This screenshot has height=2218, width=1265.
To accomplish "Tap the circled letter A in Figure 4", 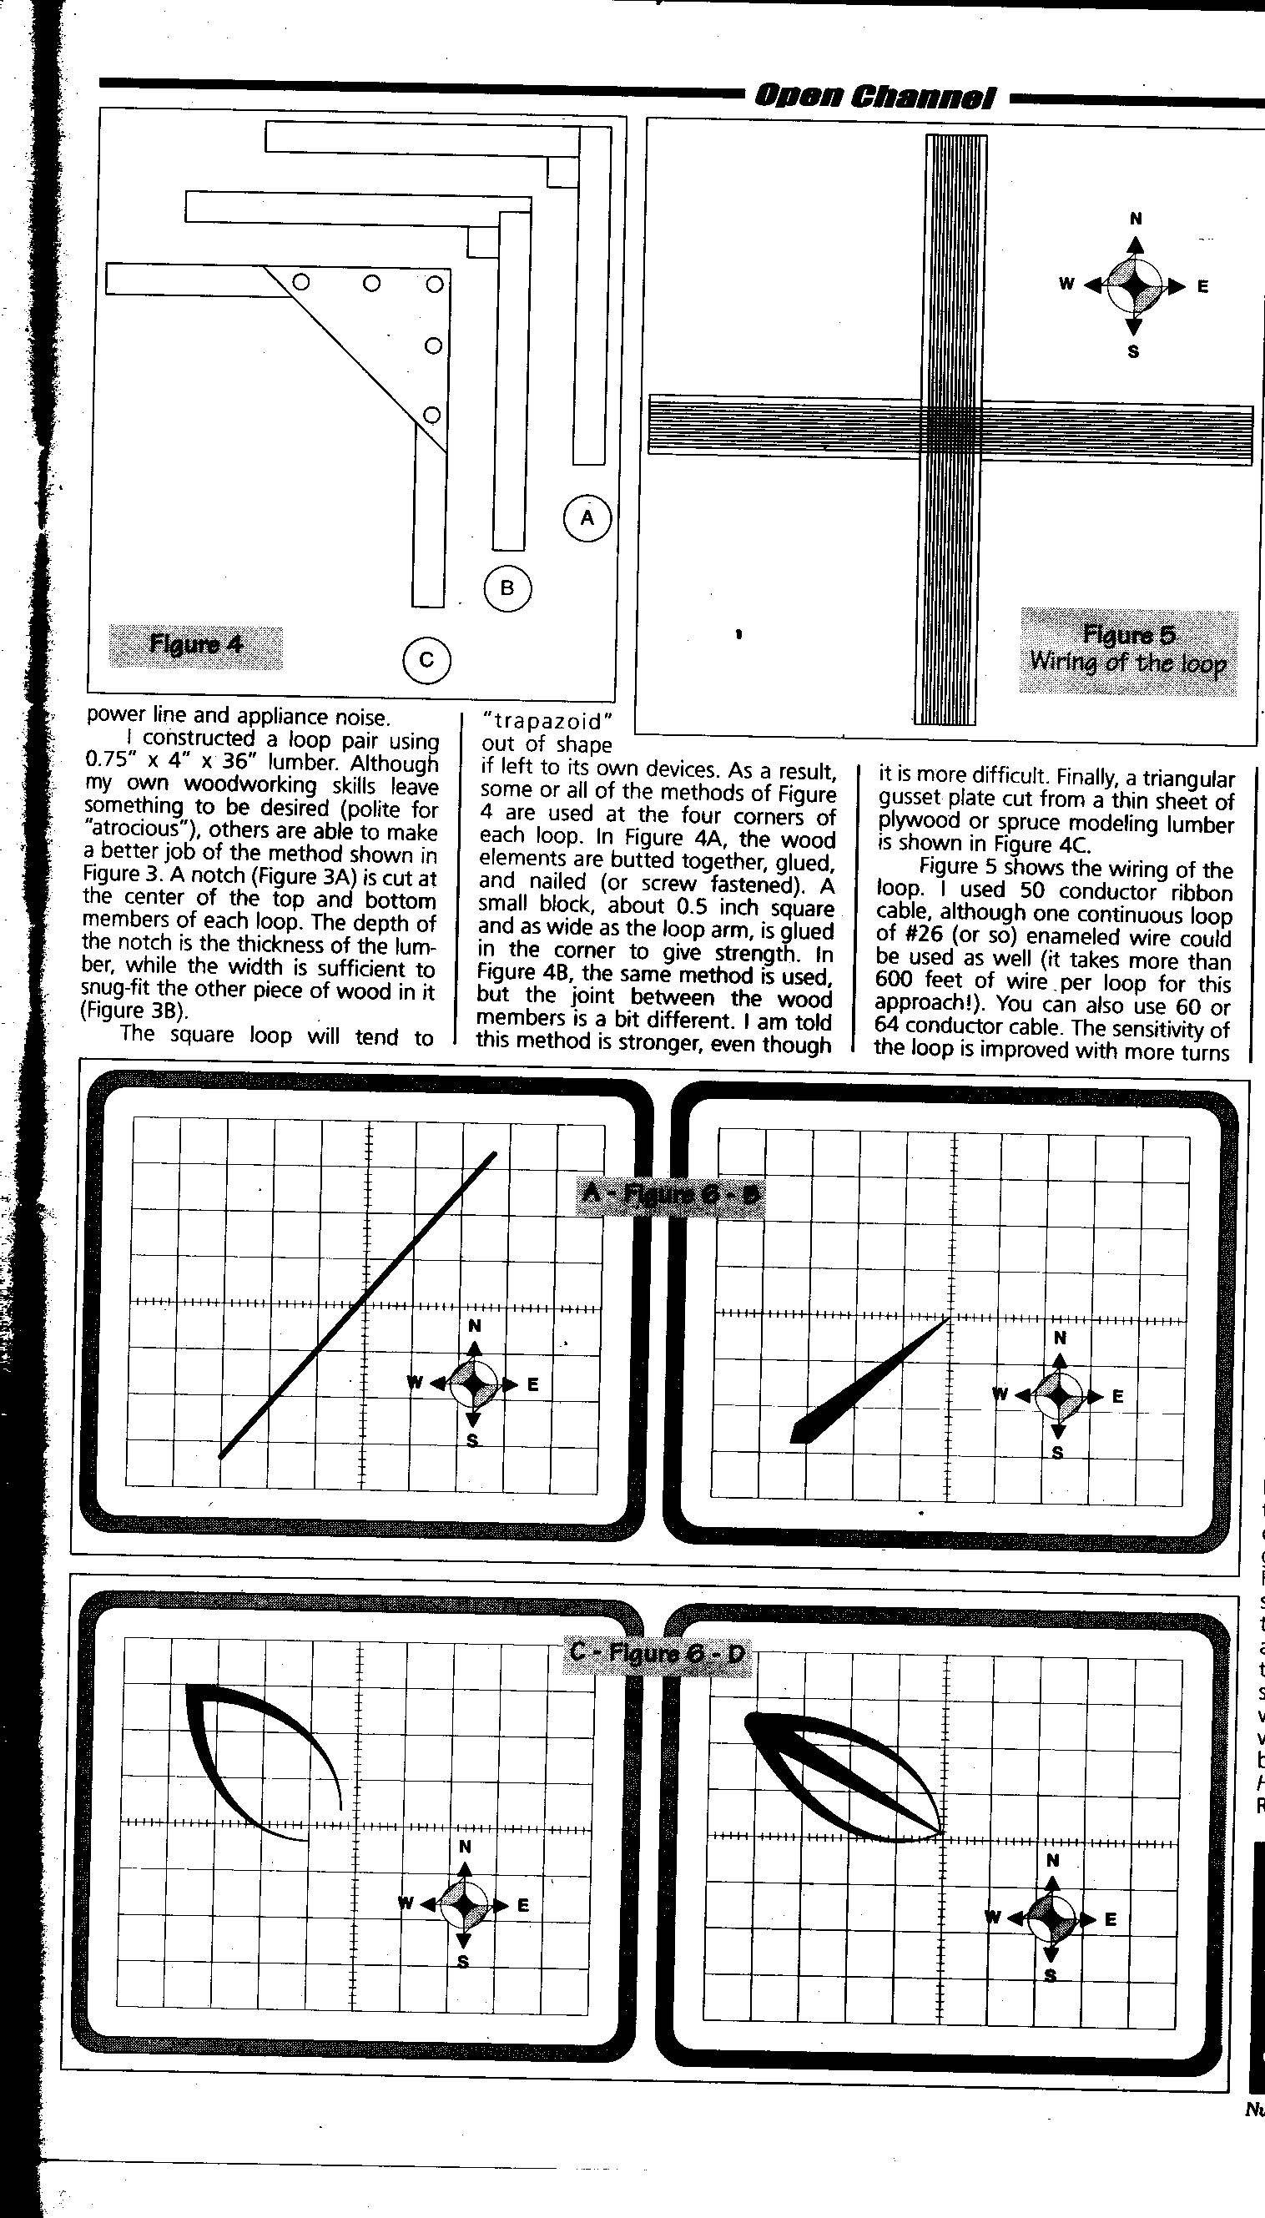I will (x=587, y=518).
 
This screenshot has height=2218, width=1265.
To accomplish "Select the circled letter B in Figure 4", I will (x=507, y=588).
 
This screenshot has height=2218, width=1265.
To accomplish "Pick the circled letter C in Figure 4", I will (x=426, y=660).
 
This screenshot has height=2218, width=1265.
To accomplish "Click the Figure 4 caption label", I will (x=195, y=646).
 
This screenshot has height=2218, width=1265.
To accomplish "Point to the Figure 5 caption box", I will (x=1127, y=650).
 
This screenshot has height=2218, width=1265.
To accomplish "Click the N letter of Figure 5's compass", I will (x=1135, y=219).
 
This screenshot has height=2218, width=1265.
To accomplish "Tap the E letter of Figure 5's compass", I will (x=1202, y=287).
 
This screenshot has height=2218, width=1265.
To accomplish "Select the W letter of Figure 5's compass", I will (x=1066, y=284).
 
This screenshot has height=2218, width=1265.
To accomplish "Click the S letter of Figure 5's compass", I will (x=1133, y=352).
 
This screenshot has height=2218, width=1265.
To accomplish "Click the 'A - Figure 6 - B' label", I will (x=669, y=1194).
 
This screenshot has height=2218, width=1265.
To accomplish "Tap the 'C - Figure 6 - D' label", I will (x=657, y=1651).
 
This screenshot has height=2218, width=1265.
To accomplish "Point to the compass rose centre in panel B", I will (x=1058, y=1396).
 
